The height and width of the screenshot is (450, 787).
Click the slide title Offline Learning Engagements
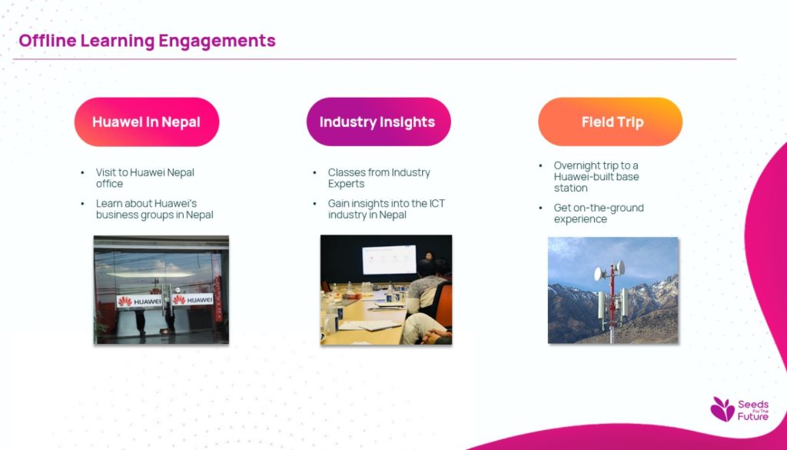(147, 40)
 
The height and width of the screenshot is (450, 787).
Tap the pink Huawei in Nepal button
(147, 122)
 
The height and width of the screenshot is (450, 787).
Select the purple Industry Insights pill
(378, 122)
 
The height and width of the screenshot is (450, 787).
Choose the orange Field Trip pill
(610, 122)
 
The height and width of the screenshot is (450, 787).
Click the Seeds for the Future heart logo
(722, 408)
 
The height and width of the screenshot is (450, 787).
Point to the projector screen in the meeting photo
(389, 260)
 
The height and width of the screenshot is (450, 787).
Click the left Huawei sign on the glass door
(140, 301)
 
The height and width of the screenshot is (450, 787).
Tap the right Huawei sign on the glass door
(193, 300)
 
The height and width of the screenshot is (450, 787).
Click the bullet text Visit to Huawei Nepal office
(145, 178)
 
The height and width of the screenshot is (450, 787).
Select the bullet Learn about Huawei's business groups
(154, 209)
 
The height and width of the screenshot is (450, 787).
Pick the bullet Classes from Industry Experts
(379, 178)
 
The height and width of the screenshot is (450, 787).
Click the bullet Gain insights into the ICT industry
(387, 209)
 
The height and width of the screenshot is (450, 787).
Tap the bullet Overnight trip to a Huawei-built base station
(596, 177)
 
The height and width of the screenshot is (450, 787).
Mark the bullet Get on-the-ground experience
(599, 213)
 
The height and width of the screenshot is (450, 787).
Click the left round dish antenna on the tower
(598, 274)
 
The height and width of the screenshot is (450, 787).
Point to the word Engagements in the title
(218, 41)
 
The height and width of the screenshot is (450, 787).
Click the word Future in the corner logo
(753, 416)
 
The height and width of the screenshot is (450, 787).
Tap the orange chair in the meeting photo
(443, 303)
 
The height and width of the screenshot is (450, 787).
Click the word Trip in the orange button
(632, 122)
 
